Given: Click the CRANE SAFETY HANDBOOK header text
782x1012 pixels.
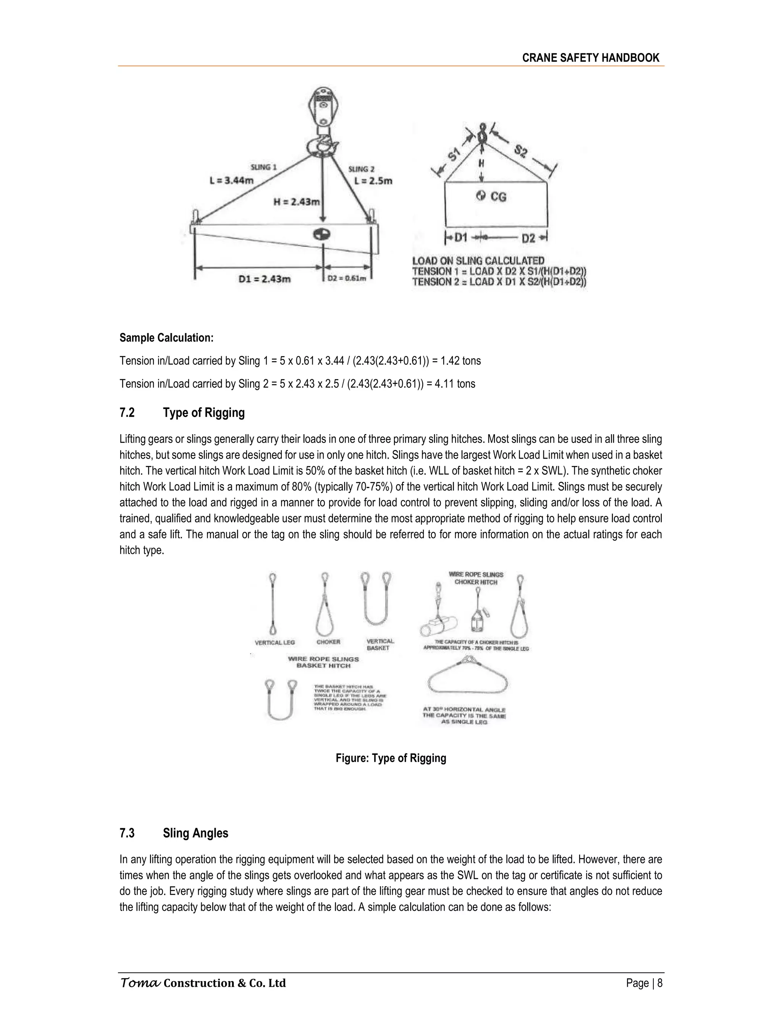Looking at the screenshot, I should coord(591,58).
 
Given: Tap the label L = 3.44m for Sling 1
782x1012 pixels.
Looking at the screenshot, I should coord(232,181).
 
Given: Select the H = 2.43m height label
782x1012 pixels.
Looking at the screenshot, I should coord(296,202).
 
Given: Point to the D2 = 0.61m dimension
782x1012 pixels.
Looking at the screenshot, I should coord(347,278).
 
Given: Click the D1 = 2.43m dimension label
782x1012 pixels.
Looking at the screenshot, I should coord(265,279).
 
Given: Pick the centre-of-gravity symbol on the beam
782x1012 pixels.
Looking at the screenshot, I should coord(321,234).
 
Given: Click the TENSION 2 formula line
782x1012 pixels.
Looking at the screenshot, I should coord(499,282).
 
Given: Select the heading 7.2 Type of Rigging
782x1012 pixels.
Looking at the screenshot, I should coord(182,412).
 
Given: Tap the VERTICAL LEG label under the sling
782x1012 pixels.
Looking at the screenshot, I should coord(275,642).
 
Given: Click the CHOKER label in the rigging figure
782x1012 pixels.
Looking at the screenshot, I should coord(328,642).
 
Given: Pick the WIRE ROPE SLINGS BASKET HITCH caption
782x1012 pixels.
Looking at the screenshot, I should coord(323,662).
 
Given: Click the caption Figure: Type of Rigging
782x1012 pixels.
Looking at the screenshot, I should coord(391,758).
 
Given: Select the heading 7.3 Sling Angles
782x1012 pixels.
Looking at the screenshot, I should coord(174,833).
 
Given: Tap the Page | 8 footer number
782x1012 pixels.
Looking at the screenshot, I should coord(644,983).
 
